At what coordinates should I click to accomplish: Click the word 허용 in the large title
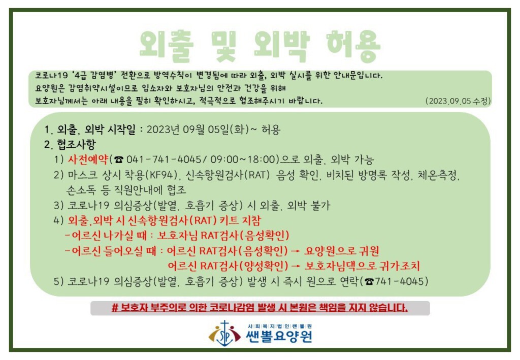point(353,46)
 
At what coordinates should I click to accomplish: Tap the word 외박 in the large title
point(281,46)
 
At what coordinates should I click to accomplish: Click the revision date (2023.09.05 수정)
point(458,101)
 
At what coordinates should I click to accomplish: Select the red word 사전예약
point(88,159)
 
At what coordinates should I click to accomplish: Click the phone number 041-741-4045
point(164,159)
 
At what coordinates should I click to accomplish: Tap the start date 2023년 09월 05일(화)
point(198,129)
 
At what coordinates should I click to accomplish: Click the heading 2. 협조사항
point(70,145)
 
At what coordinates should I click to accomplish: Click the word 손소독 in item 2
point(81,190)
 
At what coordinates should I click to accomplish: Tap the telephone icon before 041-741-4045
point(119,160)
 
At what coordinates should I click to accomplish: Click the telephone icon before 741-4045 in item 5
point(369,282)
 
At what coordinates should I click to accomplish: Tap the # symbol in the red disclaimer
point(115,308)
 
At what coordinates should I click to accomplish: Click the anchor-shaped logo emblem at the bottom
point(224,333)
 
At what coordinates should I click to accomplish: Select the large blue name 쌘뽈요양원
point(279,337)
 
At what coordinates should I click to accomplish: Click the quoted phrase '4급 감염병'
point(94,76)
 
